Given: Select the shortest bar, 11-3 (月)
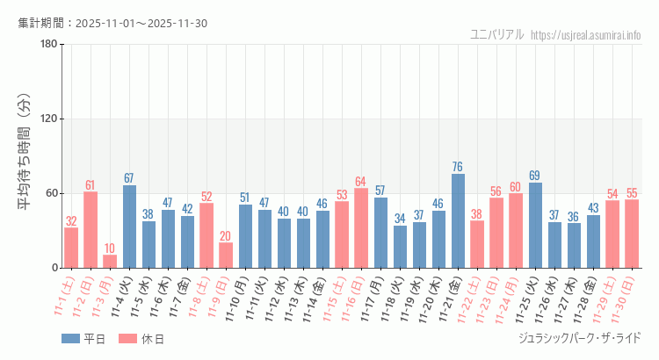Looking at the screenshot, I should point(110,262).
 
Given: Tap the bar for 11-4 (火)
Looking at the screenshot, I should point(129,227).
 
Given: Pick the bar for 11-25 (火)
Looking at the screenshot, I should point(535,226).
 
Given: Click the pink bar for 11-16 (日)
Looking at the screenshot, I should point(361,228).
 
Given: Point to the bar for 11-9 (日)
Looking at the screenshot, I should point(226,256).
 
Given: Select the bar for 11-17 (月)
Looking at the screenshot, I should point(380,233).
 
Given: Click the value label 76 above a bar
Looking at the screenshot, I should point(458,167).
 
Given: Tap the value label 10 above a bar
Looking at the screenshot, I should point(110,248).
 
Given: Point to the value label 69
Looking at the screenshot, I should point(535,176).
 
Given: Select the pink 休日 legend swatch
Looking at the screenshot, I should point(130,339).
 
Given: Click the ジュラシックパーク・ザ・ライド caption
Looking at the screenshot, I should point(580,338).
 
